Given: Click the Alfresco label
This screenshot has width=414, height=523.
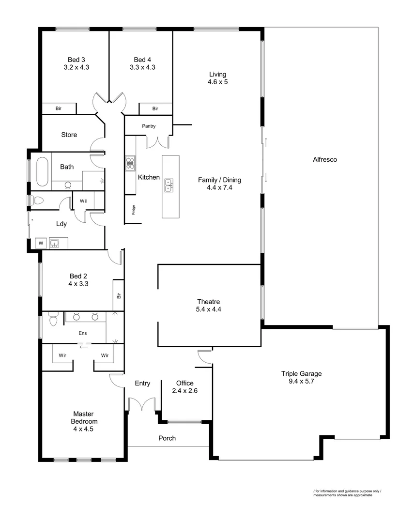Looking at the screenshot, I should pos(324,159).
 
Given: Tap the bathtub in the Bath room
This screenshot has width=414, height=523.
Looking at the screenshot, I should pos(42,172).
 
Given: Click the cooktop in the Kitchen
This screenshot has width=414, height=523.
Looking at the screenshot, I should pos(130,163).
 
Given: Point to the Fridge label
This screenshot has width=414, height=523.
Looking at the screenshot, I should pos(133,210).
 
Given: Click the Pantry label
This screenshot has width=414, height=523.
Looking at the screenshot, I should pos(149,126).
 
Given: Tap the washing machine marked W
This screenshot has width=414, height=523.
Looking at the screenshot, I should pos(40,243).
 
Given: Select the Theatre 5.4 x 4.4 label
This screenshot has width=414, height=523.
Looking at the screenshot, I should pos(208,305).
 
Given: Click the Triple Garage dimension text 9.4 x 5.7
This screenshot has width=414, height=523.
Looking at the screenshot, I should pos(301,381).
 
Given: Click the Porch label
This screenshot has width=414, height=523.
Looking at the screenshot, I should pos(167,438).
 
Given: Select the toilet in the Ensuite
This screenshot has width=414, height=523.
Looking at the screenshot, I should pos(53,320).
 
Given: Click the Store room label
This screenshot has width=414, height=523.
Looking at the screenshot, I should pos(69,135).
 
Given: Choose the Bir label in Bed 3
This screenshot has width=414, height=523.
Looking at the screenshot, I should pos(58,109).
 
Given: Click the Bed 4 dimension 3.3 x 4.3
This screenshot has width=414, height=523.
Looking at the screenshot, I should pos(142,67).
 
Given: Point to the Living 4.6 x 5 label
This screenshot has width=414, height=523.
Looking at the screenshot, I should pos(217,78).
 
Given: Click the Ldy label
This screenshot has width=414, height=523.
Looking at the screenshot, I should pos(61,224).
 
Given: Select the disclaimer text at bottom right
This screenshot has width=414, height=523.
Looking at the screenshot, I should pos(347,493).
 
